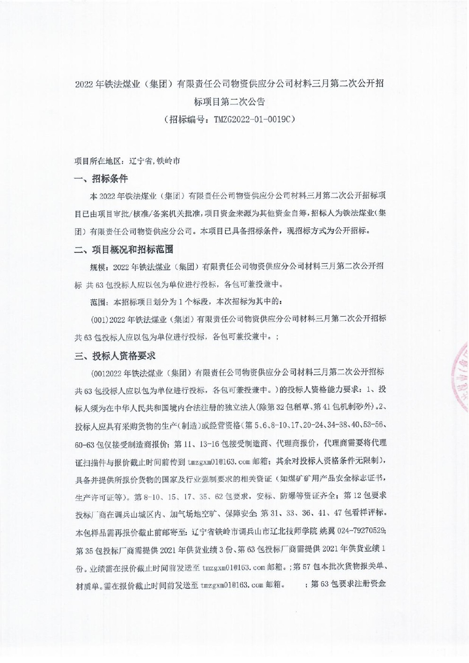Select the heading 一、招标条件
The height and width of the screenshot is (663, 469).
pos(101,179)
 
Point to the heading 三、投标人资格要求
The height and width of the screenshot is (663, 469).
pos(115,355)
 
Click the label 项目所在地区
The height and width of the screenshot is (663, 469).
pos(98,161)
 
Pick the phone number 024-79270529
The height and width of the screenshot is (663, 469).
pos(360,531)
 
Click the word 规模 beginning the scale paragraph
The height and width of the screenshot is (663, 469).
pos(98,267)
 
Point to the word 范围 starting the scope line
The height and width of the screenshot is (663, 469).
pos(98,301)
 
